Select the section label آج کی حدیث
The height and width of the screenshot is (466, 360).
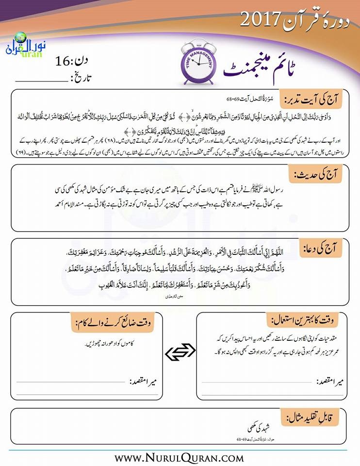(x=318, y=174)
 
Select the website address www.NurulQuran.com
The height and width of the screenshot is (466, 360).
(x=179, y=457)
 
